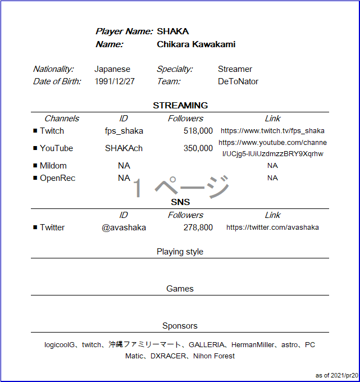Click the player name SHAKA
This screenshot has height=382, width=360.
pyautogui.click(x=172, y=31)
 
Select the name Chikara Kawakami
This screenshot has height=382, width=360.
pyautogui.click(x=196, y=44)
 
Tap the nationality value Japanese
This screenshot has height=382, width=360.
pyautogui.click(x=112, y=69)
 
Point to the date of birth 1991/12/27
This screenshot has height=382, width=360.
pyautogui.click(x=115, y=81)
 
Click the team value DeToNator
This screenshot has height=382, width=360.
pyautogui.click(x=238, y=81)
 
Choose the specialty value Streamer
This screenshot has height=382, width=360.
pyautogui.click(x=235, y=69)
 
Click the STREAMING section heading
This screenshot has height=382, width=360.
pyautogui.click(x=180, y=105)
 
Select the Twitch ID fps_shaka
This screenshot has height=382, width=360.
pyautogui.click(x=124, y=131)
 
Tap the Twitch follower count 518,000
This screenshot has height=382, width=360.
pyautogui.click(x=198, y=131)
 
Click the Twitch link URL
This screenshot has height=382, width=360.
pyautogui.click(x=272, y=131)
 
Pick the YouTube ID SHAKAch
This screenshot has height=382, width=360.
pyautogui.click(x=124, y=148)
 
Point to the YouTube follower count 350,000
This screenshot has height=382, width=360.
pyautogui.click(x=198, y=148)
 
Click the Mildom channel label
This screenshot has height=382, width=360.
pyautogui.click(x=53, y=166)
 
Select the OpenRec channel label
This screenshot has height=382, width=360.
pyautogui.click(x=57, y=178)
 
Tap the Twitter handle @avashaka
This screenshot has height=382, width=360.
pyautogui.click(x=124, y=228)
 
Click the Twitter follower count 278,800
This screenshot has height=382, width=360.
pyautogui.click(x=198, y=228)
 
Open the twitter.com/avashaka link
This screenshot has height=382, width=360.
pyautogui.click(x=272, y=228)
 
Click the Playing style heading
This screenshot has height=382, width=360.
pyautogui.click(x=180, y=252)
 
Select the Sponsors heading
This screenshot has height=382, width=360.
pyautogui.click(x=180, y=326)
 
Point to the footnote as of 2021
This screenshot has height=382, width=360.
pyautogui.click(x=336, y=375)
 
